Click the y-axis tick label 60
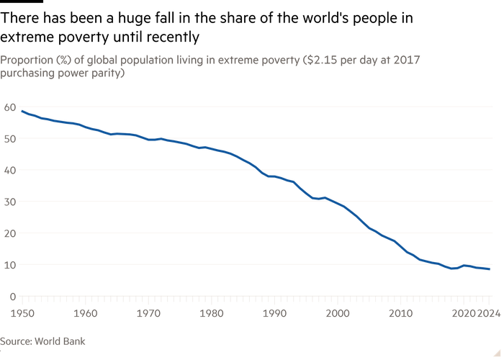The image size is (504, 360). [x=10, y=107]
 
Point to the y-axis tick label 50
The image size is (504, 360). [x=10, y=139]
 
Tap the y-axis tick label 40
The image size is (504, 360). [x=10, y=171]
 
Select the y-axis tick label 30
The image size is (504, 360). [x=10, y=202]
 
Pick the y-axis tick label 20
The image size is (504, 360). [x=10, y=233]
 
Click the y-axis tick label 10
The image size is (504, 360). [x=10, y=265]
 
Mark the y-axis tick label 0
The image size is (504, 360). [x=13, y=297]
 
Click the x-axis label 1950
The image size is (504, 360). [x=22, y=313]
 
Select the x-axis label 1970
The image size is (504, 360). [x=148, y=313]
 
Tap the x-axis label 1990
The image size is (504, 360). [x=274, y=313]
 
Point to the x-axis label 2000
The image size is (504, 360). [x=338, y=313]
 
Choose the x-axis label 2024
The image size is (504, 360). [x=489, y=313]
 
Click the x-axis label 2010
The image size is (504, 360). [x=400, y=313]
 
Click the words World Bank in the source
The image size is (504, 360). [x=60, y=341]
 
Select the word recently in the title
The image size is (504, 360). [x=173, y=37]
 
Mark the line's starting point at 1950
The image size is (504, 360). [x=22, y=111]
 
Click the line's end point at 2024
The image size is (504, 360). [x=489, y=269]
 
